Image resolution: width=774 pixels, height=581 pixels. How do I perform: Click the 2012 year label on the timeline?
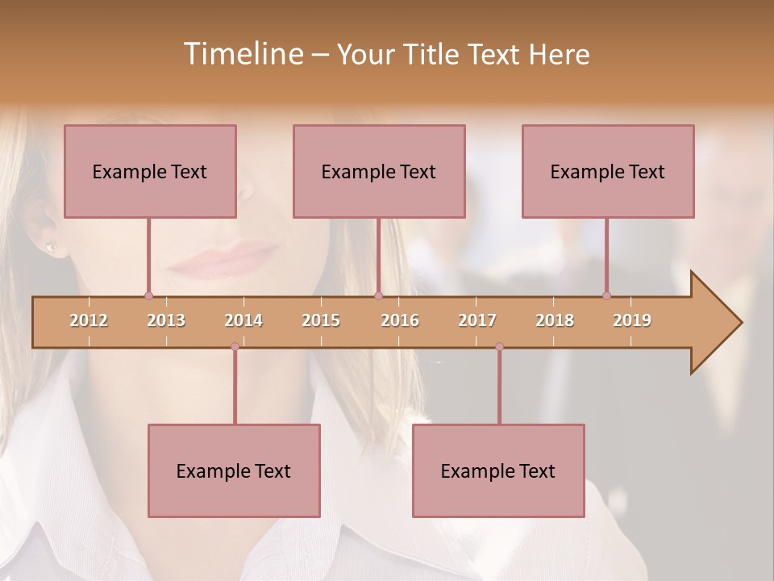[89, 320]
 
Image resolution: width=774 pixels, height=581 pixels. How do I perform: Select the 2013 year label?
[166, 320]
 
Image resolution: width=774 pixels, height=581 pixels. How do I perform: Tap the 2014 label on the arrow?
[243, 320]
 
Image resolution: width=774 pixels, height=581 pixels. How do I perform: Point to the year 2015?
[321, 320]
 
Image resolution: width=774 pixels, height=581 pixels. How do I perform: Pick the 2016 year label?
[400, 320]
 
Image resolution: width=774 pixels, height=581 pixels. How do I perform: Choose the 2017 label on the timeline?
[477, 320]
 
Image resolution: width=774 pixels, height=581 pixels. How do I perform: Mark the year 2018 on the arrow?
[555, 320]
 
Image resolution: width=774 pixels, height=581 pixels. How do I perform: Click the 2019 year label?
[632, 320]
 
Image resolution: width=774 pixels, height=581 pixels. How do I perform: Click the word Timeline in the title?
[242, 54]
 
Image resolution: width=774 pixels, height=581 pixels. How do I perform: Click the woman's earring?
[51, 246]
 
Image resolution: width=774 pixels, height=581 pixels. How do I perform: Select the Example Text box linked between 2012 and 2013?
[150, 171]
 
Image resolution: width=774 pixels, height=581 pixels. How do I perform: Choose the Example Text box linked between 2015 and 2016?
[379, 171]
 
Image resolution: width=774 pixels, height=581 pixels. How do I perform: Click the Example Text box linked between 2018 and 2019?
[608, 171]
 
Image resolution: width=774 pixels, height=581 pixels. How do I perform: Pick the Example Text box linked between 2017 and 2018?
[498, 470]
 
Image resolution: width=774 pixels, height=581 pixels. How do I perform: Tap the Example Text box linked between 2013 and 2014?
[234, 470]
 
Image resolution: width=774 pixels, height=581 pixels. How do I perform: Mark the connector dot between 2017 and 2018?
[499, 347]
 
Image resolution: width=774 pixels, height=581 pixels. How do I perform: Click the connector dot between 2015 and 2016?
[378, 296]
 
